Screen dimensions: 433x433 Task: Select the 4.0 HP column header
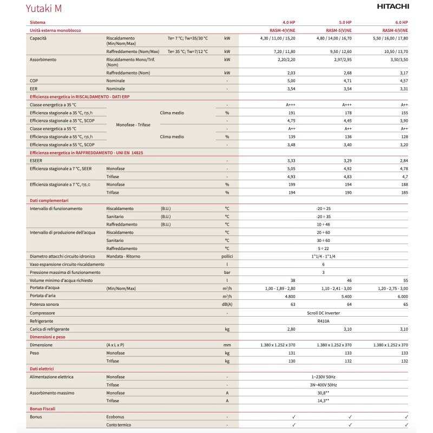[288, 22]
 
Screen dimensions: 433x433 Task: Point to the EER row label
[34, 88]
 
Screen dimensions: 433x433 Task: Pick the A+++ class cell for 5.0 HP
[347, 104]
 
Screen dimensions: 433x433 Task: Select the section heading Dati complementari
[49, 200]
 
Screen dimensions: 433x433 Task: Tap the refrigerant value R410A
[323, 320]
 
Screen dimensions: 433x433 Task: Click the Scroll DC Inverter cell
[323, 312]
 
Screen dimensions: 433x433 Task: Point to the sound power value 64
[349, 304]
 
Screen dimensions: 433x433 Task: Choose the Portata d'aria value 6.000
[401, 296]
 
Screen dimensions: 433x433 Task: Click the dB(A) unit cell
[227, 304]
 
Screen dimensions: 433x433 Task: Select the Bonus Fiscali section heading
[43, 409]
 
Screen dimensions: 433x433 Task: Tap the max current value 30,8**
[323, 393]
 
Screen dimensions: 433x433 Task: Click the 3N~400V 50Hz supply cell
[323, 385]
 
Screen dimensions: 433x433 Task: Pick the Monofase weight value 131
[293, 352]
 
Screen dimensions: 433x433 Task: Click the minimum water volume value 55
[405, 280]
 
